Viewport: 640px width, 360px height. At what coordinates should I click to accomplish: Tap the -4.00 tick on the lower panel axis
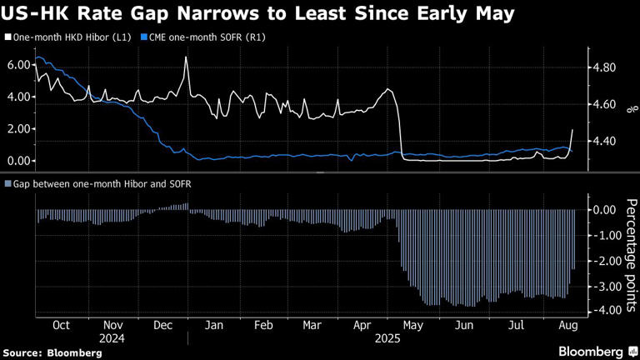[x=602, y=311]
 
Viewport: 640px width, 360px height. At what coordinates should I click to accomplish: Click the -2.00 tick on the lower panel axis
[x=602, y=261]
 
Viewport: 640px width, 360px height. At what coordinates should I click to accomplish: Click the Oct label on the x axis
[x=61, y=327]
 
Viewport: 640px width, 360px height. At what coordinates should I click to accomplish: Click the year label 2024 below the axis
[x=112, y=340]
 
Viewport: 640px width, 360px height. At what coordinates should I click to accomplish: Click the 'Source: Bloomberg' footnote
[x=52, y=353]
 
